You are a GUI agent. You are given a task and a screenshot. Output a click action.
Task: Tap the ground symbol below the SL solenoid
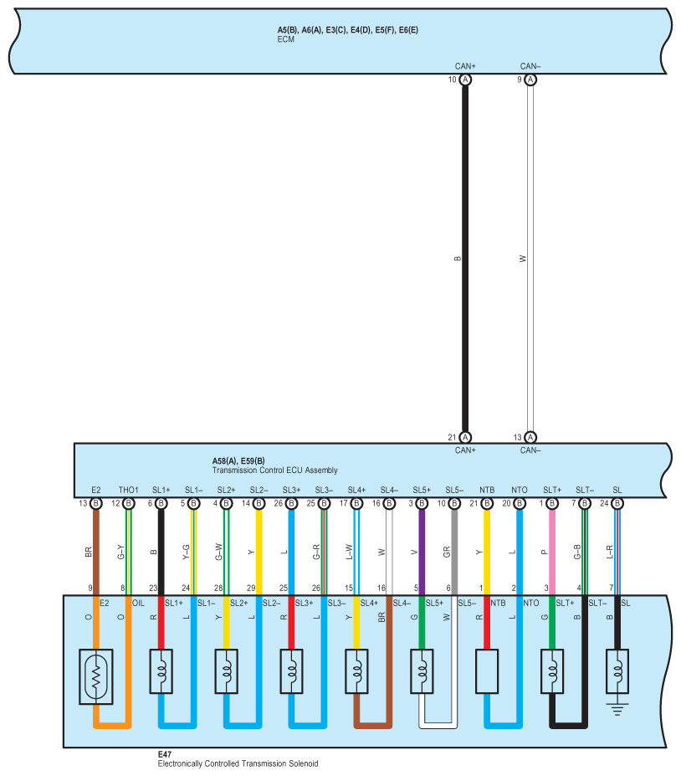click(x=617, y=709)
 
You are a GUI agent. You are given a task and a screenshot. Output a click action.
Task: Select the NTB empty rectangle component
click(x=486, y=671)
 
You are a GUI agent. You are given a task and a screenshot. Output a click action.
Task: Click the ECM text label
click(x=286, y=39)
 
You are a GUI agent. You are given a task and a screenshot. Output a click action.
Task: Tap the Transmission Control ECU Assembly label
click(x=275, y=470)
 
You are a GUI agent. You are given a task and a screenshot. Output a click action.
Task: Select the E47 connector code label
click(x=165, y=753)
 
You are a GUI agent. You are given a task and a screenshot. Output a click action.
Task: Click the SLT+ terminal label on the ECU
click(x=552, y=490)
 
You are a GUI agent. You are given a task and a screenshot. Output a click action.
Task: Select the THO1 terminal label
click(x=128, y=490)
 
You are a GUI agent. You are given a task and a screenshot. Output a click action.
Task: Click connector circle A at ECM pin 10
click(x=465, y=80)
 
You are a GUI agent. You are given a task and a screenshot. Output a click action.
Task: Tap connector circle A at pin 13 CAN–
click(x=530, y=437)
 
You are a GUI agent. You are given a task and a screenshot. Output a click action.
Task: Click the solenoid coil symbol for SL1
click(x=161, y=671)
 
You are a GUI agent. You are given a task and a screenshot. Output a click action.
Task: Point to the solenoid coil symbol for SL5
click(x=422, y=671)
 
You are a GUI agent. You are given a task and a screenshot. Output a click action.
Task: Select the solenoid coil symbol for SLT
click(x=551, y=671)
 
